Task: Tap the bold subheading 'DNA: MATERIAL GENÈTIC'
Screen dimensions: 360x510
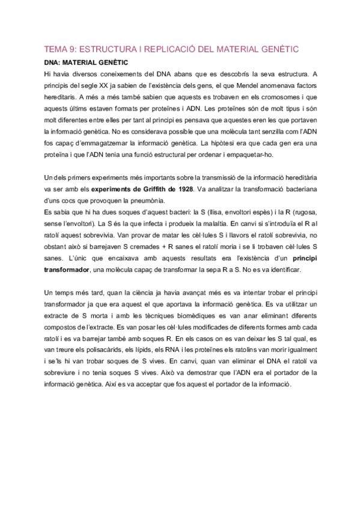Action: coord(87,62)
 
